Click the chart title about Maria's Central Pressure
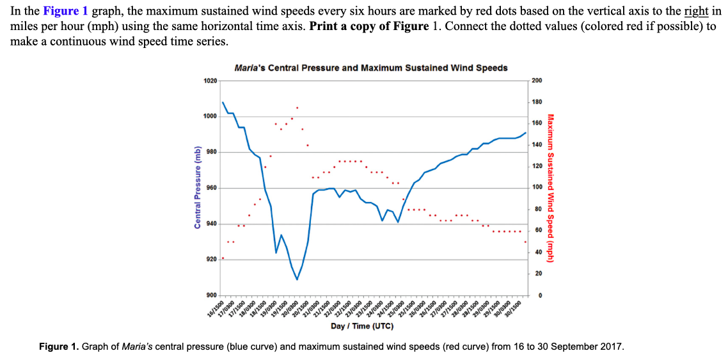tap(371, 67)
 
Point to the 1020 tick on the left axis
tap(210, 81)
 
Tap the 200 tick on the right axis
tap(537, 81)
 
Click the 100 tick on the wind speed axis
tap(537, 187)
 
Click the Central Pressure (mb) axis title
tap(198, 187)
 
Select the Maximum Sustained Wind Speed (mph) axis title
tap(551, 187)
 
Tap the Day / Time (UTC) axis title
tap(362, 326)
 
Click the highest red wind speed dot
tap(297, 107)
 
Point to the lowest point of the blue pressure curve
tap(297, 279)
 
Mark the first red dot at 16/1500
tap(223, 258)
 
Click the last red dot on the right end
tap(525, 242)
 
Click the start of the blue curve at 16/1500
tap(223, 102)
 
